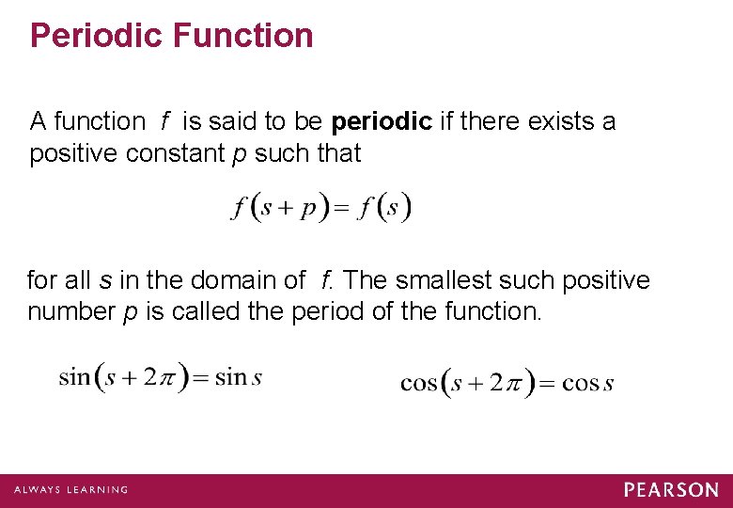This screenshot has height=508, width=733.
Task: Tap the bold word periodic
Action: coord(382,122)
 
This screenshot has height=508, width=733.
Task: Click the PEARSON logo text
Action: coord(671,489)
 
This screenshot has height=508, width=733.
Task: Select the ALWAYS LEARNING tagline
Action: coord(71,490)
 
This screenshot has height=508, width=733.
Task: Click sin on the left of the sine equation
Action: coord(74,377)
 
